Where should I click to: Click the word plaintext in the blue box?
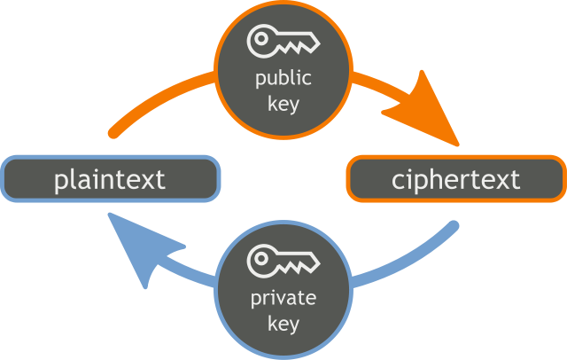point(110,179)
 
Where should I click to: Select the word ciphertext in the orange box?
point(455,179)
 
